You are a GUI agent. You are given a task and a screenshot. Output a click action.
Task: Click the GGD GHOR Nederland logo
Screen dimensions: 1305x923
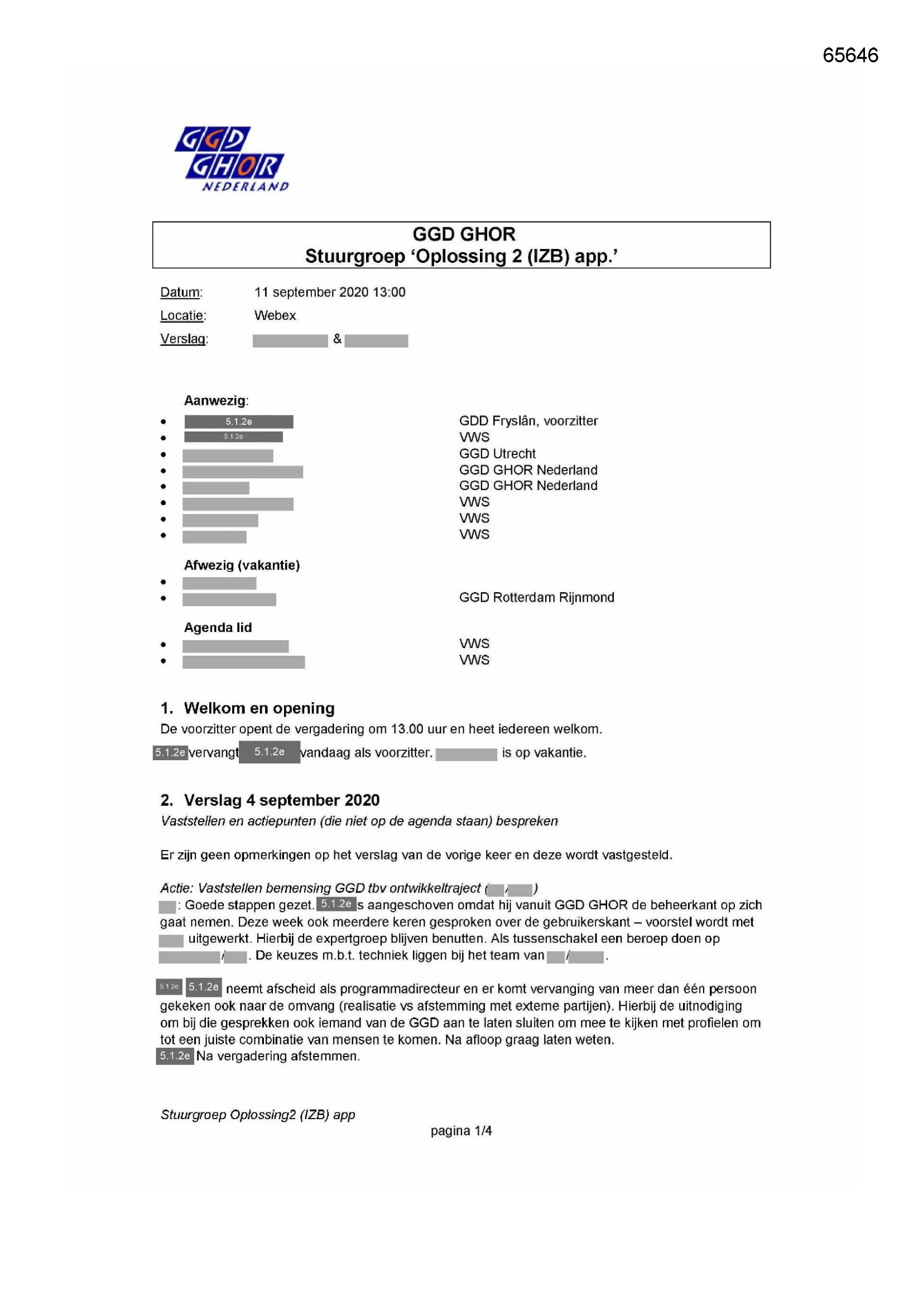point(231,159)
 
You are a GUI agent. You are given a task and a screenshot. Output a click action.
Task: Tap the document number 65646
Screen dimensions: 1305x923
point(850,55)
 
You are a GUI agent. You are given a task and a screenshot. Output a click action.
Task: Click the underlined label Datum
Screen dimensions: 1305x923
point(181,292)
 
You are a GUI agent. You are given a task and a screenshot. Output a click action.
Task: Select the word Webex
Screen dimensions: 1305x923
point(275,315)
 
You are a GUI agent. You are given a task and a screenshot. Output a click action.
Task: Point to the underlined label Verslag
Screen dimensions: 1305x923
point(184,339)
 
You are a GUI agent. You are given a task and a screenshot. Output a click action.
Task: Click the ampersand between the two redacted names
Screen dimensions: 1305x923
point(337,339)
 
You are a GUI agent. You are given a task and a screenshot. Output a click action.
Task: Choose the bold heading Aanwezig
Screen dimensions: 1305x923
point(215,401)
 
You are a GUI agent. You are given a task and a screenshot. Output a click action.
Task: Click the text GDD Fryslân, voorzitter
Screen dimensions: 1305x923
point(528,421)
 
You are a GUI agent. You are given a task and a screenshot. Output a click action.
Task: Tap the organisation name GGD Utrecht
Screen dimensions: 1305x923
point(497,454)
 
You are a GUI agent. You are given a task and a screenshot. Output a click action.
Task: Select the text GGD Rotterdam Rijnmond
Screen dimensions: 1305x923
point(536,597)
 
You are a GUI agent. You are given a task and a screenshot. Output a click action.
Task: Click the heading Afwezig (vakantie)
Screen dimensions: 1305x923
point(242,565)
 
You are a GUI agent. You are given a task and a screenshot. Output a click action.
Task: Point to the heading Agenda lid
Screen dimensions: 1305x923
point(218,627)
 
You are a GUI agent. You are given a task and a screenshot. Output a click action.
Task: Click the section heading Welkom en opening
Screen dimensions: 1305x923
point(259,708)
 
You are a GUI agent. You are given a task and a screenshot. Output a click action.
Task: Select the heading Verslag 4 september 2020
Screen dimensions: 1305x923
point(281,800)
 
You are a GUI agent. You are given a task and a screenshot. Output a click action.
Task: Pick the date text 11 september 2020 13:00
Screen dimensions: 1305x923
point(330,292)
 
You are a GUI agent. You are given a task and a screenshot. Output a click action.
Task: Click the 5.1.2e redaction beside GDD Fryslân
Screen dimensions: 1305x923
point(239,422)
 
